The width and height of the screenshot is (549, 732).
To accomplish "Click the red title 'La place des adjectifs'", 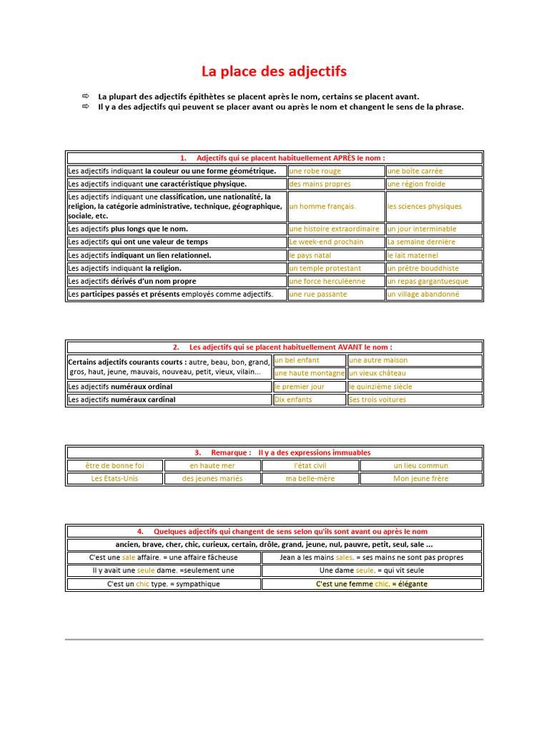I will (274, 71).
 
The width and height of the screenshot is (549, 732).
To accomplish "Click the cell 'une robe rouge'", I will (315, 172).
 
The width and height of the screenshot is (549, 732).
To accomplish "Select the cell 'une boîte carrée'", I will (415, 172).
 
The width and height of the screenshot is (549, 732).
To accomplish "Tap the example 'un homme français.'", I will (322, 207).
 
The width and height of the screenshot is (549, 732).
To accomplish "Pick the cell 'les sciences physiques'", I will (425, 207).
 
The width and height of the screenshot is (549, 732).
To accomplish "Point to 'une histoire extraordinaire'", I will (335, 229).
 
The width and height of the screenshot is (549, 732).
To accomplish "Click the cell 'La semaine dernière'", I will (421, 242).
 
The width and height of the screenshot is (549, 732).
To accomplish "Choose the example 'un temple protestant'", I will (325, 269).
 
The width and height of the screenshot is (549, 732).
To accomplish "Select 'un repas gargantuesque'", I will (428, 282).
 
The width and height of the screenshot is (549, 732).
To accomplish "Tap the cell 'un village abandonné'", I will (423, 295).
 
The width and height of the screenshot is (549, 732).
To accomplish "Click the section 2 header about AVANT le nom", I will (274, 347).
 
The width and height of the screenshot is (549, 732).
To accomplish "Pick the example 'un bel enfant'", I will (297, 360).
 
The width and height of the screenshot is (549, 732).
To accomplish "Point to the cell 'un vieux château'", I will (377, 373).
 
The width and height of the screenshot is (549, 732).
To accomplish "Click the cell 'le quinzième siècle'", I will (380, 387).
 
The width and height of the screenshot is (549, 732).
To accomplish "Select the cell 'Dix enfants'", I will (294, 400).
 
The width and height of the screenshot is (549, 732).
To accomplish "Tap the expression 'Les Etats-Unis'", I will (115, 479).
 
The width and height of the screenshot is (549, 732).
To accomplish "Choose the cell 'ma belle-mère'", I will (310, 479).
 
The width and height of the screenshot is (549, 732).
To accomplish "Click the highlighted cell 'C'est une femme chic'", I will (372, 584).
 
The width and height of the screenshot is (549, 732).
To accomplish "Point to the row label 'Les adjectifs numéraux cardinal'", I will (122, 400).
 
